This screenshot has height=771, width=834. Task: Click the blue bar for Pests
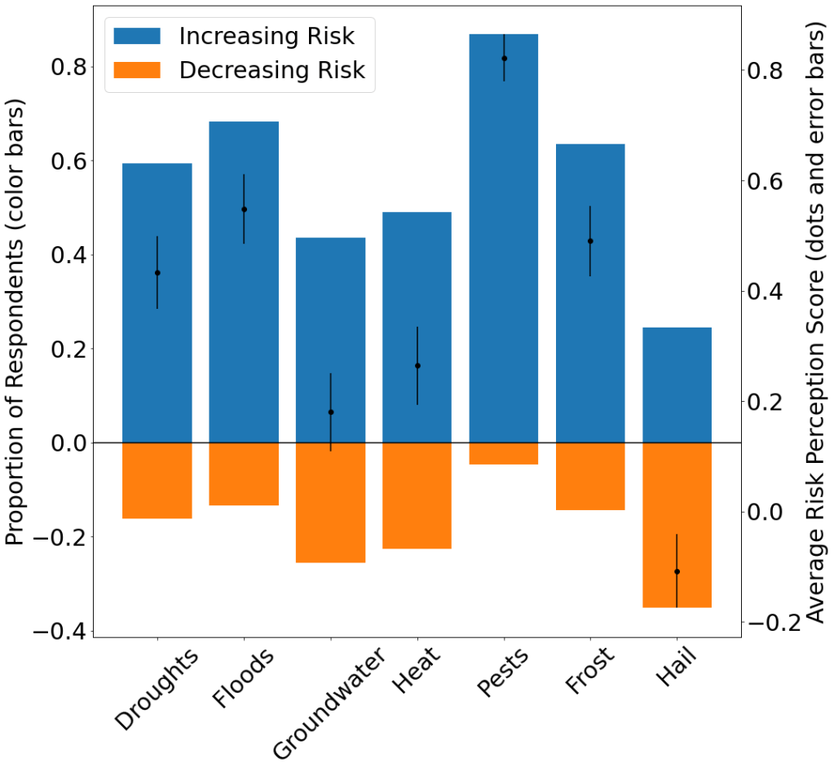[x=504, y=245]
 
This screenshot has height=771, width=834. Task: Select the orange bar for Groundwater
[x=330, y=502]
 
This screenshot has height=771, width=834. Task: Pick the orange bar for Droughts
[x=157, y=480]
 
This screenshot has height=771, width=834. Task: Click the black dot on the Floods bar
[x=244, y=209]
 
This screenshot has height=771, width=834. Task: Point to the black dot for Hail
[x=677, y=571]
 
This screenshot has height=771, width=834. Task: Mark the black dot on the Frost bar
[x=590, y=241]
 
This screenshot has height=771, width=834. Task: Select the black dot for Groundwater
[x=330, y=412]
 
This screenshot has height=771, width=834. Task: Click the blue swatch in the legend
[x=138, y=37]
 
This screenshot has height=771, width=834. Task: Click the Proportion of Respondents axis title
[x=15, y=323]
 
